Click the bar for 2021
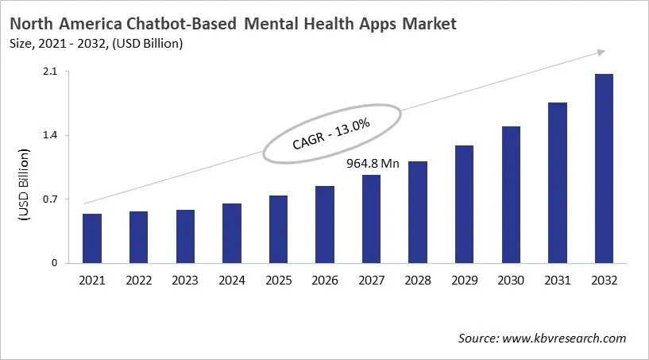point(92,238)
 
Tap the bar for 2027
point(371,219)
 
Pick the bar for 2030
point(510,195)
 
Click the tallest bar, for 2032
point(603,168)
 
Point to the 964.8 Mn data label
point(373,164)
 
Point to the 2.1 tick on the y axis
point(50,72)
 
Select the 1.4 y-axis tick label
point(50,136)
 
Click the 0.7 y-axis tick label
point(50,199)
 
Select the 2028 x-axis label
point(417,281)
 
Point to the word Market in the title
point(428,25)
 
